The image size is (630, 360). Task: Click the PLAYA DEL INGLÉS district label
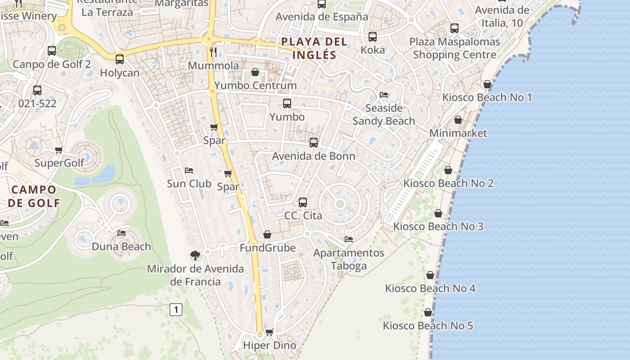click(315, 48)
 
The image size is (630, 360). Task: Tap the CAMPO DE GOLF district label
click(34, 196)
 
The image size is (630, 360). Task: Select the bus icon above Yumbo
click(287, 103)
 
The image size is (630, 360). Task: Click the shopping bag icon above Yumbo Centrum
click(255, 72)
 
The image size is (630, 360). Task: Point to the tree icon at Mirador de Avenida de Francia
click(195, 256)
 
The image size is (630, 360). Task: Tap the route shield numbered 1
click(176, 310)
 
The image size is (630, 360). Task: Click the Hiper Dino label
click(270, 346)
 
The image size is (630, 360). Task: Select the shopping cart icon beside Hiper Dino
click(270, 332)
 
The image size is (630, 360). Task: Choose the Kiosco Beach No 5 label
click(428, 325)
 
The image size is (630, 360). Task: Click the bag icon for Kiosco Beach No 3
click(438, 213)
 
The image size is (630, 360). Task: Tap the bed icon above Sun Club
click(189, 171)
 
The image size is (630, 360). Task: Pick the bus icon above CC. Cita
click(303, 202)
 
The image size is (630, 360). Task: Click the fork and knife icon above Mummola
click(214, 52)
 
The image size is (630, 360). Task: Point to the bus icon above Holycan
click(120, 59)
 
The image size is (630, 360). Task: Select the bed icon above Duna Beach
click(121, 233)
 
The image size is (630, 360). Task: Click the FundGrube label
click(267, 248)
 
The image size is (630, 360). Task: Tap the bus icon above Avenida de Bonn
click(314, 143)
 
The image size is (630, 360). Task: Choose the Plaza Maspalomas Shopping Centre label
click(454, 48)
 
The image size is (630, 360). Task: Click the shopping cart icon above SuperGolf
click(58, 150)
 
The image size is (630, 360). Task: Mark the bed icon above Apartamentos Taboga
click(349, 239)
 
